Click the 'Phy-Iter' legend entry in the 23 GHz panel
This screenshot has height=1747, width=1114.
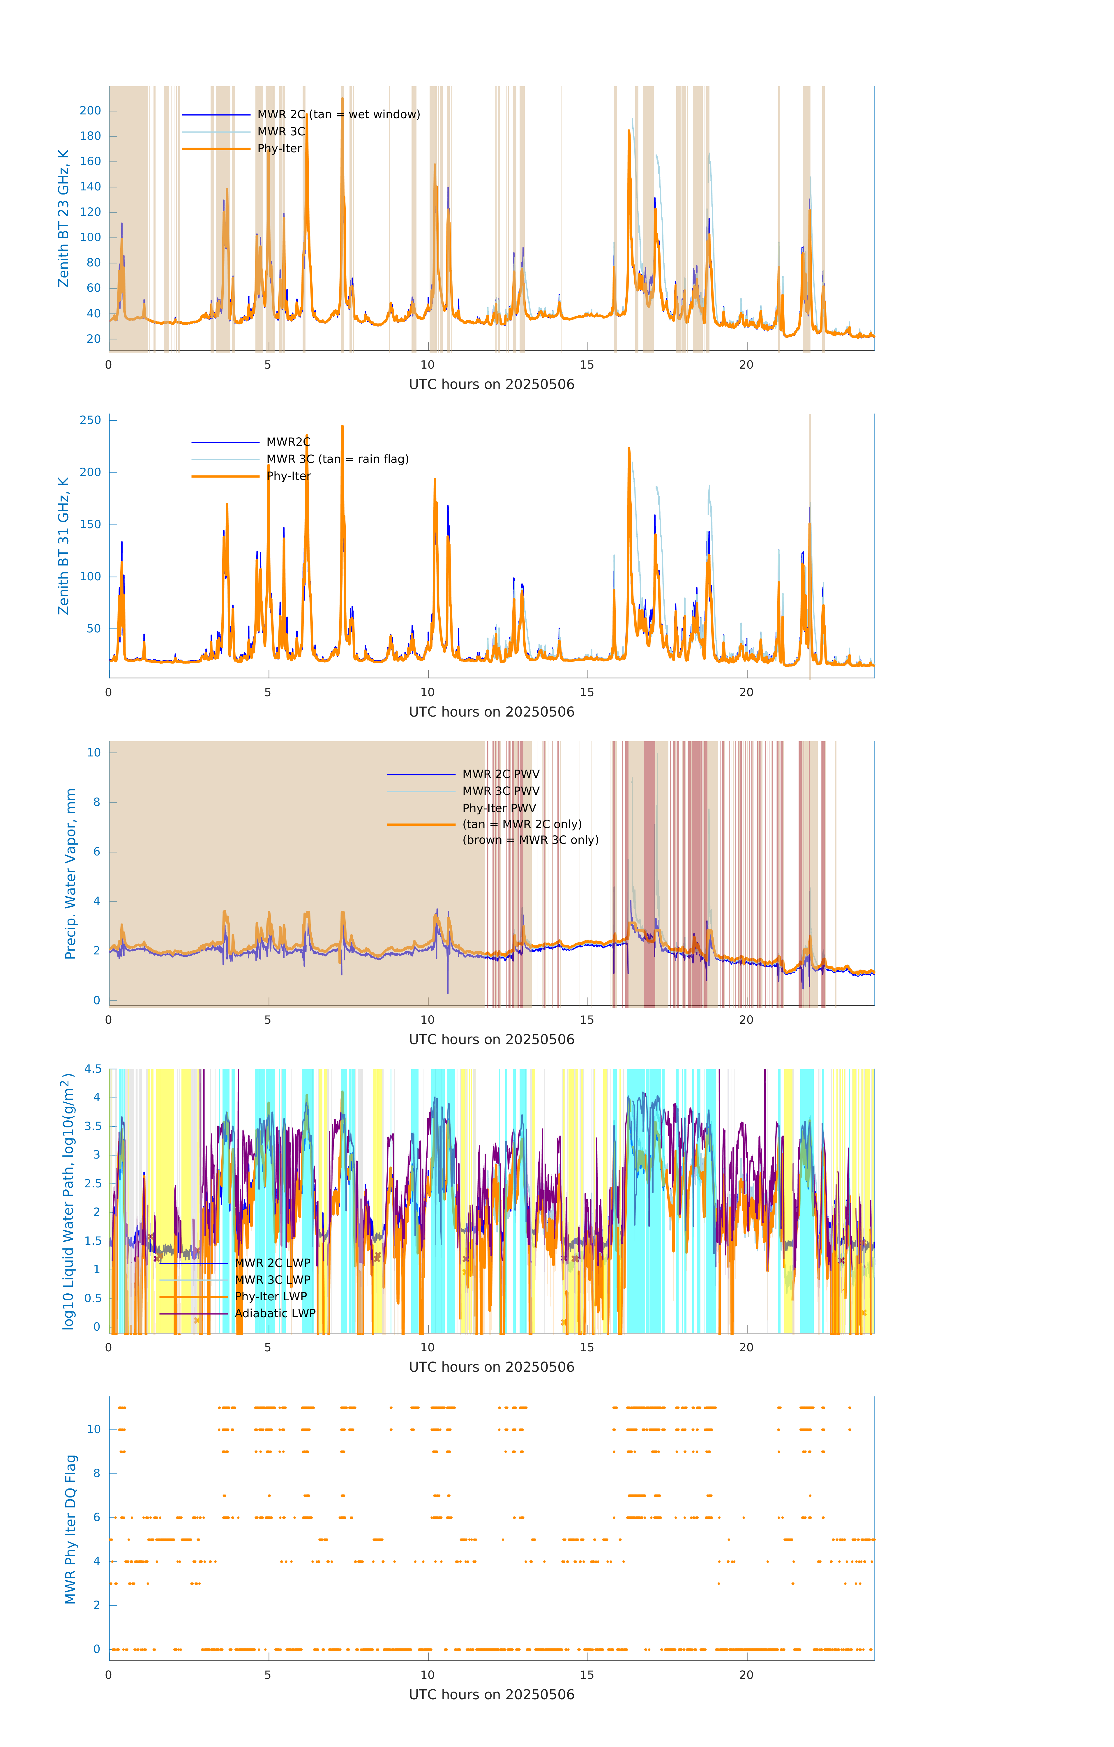pyautogui.click(x=279, y=149)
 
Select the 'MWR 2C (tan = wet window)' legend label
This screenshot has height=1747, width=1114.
pyautogui.click(x=338, y=115)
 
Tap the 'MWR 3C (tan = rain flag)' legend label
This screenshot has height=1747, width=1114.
pyautogui.click(x=338, y=459)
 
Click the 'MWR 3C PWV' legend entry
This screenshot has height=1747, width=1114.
pyautogui.click(x=501, y=791)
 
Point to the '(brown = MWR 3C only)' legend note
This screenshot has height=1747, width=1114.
pyautogui.click(x=531, y=840)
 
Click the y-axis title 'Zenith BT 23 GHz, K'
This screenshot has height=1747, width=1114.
pyautogui.click(x=64, y=218)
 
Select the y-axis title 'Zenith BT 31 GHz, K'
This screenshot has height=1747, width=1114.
pyautogui.click(x=64, y=546)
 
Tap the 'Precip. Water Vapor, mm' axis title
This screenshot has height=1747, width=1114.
pyautogui.click(x=70, y=873)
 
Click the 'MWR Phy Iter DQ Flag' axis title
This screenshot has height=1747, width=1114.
pyautogui.click(x=70, y=1529)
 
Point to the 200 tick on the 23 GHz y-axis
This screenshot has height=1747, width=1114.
pyautogui.click(x=91, y=111)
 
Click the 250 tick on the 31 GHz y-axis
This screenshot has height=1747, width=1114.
pyautogui.click(x=91, y=420)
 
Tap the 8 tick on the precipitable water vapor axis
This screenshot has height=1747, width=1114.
pyautogui.click(x=96, y=802)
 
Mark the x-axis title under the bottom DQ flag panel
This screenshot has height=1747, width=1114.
pyautogui.click(x=491, y=1695)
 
